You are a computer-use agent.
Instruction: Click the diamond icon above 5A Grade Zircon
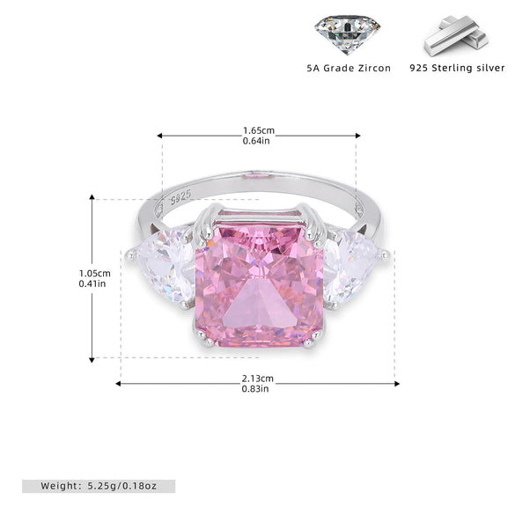[348, 34]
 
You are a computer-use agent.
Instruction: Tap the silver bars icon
[456, 36]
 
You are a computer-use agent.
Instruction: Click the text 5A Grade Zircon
[349, 69]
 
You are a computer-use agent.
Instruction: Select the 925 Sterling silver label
[457, 68]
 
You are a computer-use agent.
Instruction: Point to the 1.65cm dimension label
[259, 130]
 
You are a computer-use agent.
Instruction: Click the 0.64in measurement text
[256, 141]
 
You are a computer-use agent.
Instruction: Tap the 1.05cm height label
[94, 273]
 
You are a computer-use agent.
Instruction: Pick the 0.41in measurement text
[92, 283]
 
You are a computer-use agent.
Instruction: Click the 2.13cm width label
[257, 379]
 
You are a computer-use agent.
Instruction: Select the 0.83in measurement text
[255, 389]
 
